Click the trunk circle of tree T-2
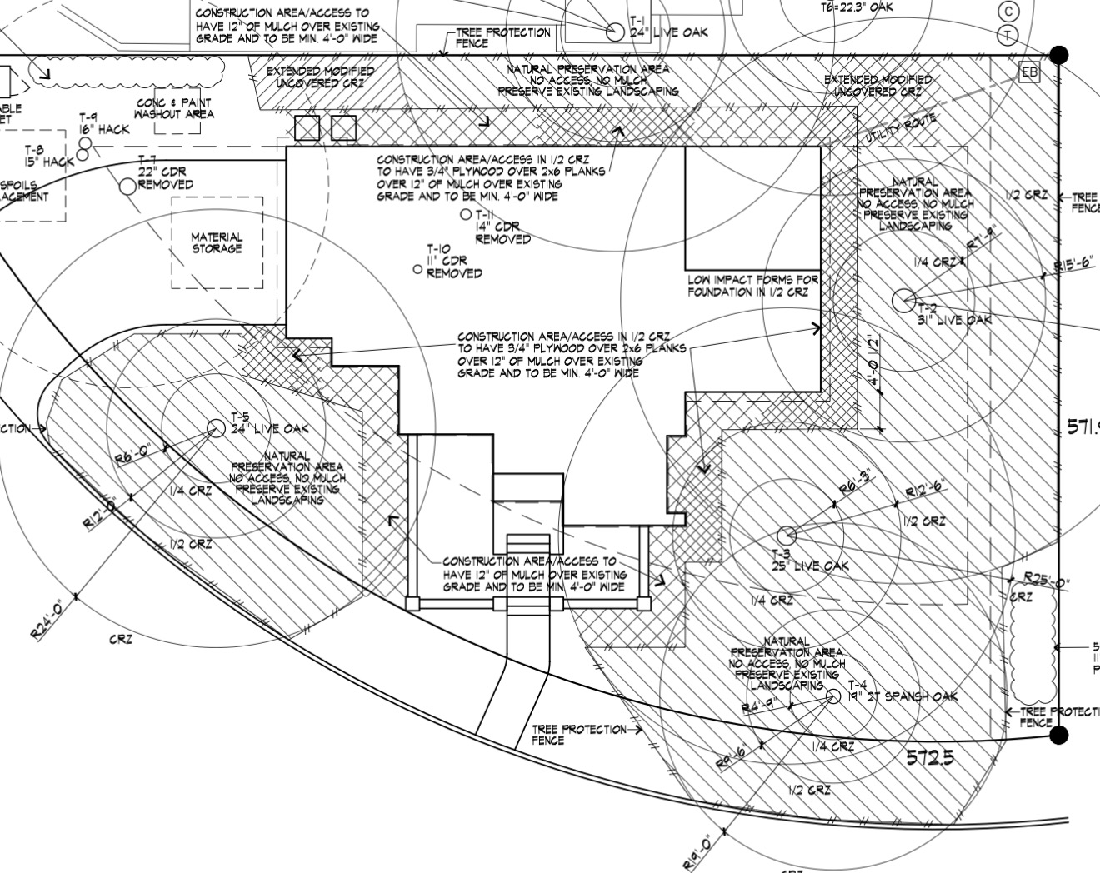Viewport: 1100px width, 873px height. (x=902, y=299)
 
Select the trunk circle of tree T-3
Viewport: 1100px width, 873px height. (x=785, y=535)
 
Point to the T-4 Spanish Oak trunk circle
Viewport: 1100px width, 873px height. (x=832, y=696)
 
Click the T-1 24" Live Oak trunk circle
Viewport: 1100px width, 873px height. (x=615, y=32)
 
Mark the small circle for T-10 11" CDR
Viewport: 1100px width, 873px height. (x=418, y=269)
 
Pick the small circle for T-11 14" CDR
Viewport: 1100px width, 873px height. (x=466, y=215)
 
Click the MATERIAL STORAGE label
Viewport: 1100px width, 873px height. (x=217, y=242)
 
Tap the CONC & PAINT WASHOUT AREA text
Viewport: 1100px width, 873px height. (x=174, y=108)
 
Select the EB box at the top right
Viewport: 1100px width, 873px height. (x=1030, y=72)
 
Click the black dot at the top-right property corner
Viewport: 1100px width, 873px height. (x=1058, y=55)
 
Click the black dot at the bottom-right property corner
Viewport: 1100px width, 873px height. (x=1058, y=735)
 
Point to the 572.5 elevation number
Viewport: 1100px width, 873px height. (x=929, y=758)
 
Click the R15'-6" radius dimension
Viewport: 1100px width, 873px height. (x=1076, y=267)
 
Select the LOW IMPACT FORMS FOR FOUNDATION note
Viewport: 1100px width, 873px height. (x=752, y=287)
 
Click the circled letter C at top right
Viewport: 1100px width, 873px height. (x=1008, y=12)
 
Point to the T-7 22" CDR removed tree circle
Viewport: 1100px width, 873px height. (x=127, y=186)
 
